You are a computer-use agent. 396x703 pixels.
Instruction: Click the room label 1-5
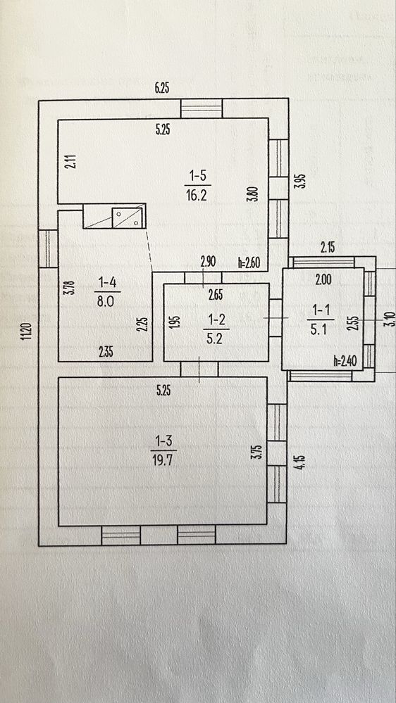197,177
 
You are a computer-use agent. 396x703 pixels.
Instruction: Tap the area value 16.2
197,196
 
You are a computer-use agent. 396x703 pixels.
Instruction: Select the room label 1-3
163,441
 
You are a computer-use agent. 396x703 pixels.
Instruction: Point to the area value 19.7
163,460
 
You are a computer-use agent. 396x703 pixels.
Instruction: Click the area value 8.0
107,301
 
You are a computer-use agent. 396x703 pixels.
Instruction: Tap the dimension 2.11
73,161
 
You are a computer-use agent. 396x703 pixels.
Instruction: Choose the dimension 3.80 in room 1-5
255,194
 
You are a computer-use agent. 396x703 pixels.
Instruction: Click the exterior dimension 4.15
302,462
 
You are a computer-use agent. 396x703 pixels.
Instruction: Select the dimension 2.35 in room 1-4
106,353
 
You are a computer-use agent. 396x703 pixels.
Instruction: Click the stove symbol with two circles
128,217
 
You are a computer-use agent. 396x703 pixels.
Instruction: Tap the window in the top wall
202,108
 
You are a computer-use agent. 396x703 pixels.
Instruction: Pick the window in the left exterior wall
48,249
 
